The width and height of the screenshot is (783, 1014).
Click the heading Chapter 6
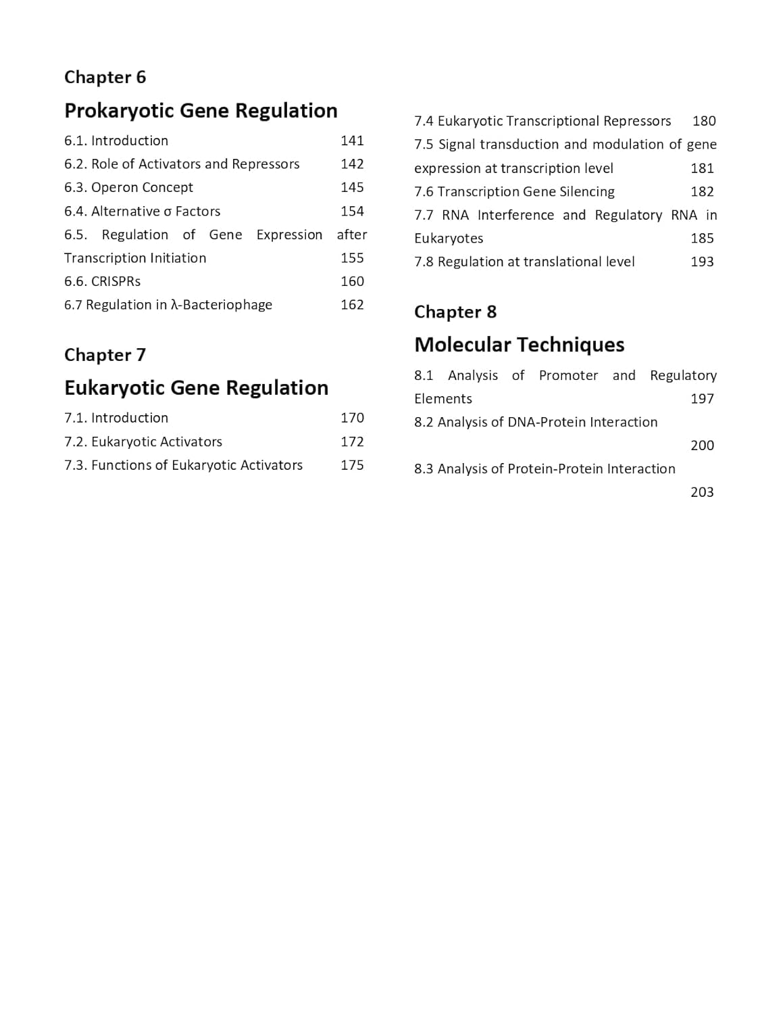(105, 77)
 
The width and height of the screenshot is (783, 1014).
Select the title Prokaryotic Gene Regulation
(201, 110)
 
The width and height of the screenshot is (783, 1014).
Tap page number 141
(352, 141)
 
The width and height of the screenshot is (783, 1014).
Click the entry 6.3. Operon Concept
(128, 187)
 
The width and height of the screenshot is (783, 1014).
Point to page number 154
(352, 211)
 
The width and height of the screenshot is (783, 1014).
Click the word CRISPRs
(116, 281)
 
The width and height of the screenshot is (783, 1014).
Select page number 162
(352, 305)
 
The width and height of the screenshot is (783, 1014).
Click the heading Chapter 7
(105, 355)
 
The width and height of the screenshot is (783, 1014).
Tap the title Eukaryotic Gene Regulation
(196, 387)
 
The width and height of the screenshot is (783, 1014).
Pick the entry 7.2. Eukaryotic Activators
(143, 441)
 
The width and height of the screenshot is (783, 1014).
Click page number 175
(352, 465)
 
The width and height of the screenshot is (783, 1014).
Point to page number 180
(704, 121)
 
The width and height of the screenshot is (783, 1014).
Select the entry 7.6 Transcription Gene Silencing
(514, 191)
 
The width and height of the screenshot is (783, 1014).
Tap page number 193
(702, 262)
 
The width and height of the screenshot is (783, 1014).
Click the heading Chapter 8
(455, 312)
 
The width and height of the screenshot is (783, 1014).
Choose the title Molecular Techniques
(519, 344)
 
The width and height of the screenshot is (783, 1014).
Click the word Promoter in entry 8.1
(568, 375)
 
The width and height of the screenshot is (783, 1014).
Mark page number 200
(702, 445)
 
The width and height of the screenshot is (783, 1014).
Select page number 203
(702, 492)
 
